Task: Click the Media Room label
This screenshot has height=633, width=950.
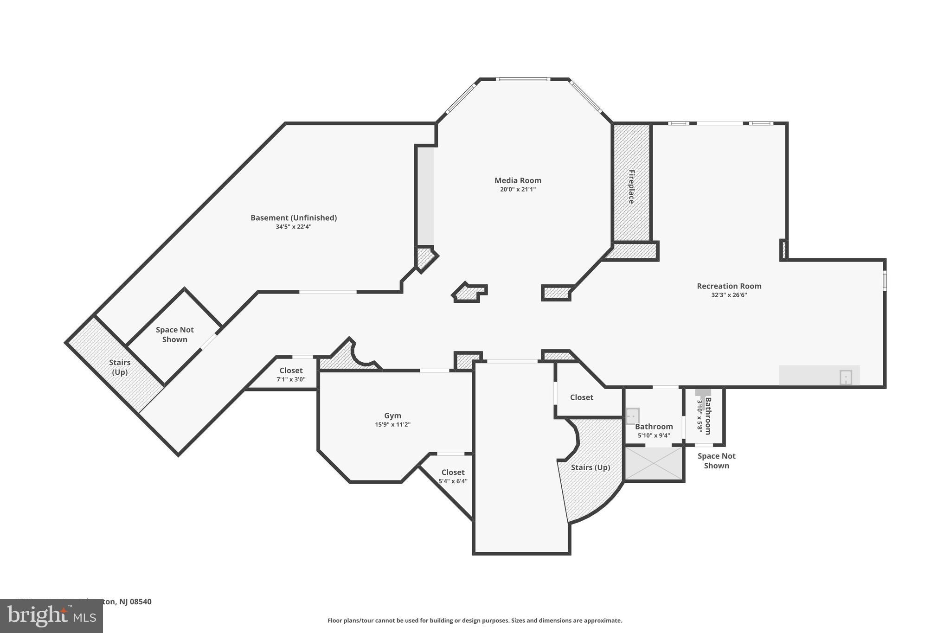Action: [x=518, y=180]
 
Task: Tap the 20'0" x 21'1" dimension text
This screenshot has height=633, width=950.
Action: [x=518, y=189]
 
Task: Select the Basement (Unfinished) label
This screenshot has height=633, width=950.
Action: [x=294, y=217]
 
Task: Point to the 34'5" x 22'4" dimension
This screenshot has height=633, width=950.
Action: [x=293, y=227]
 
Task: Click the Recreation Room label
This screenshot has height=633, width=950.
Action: [x=729, y=286]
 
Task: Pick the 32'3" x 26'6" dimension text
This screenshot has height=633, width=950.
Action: [x=729, y=295]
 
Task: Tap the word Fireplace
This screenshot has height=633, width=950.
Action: [x=631, y=186]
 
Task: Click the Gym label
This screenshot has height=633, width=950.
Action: [x=392, y=416]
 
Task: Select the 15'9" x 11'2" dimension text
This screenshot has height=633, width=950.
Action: [x=392, y=424]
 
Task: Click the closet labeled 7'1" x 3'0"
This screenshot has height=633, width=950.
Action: [x=291, y=371]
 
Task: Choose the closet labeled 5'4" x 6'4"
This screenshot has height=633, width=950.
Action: [x=453, y=473]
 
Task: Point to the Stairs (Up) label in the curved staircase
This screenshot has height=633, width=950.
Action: [x=590, y=467]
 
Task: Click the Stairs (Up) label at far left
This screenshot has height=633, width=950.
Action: [x=119, y=367]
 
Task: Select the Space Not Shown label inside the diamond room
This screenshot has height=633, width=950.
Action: [x=174, y=334]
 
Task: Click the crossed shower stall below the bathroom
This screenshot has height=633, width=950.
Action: [x=654, y=463]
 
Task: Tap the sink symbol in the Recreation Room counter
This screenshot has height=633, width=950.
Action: [x=846, y=377]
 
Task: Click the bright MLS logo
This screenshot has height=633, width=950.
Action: [x=51, y=616]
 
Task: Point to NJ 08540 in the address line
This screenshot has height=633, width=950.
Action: [x=135, y=601]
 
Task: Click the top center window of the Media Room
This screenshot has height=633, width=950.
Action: [x=523, y=79]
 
